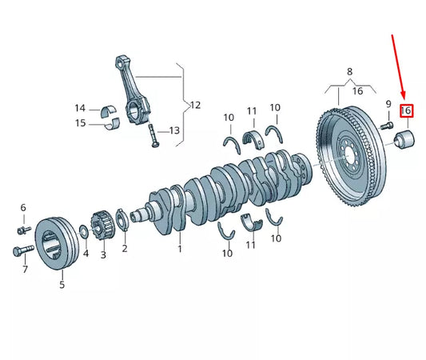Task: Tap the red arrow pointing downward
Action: pos(399,68)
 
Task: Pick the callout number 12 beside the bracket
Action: pos(194,105)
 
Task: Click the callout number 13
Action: pos(175,131)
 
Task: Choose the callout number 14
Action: pos(80,108)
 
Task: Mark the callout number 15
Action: pos(80,123)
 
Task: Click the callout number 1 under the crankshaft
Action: pos(180,249)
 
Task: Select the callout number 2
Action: pos(125,249)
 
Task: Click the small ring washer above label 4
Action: pos(84,233)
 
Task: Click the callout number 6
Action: pos(23,208)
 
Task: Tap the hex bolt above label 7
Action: pos(21,251)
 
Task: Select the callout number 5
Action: pos(62,285)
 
